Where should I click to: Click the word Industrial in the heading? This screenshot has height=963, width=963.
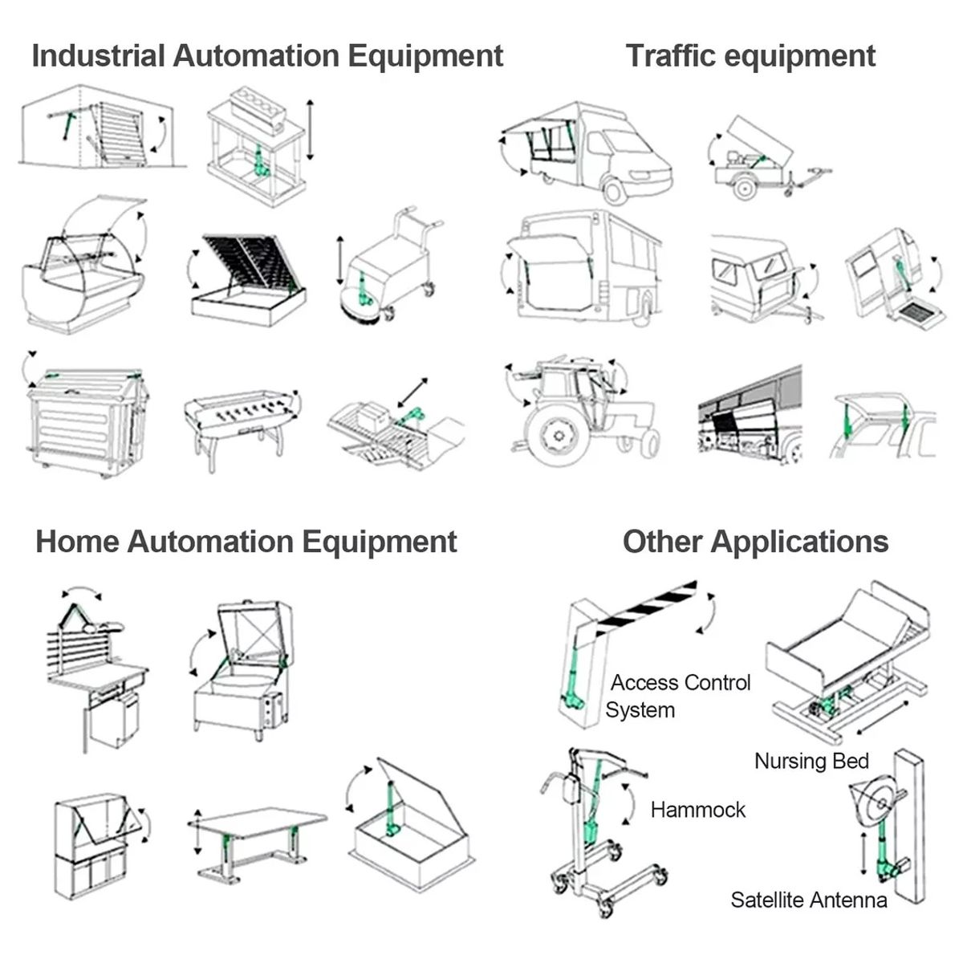pos(98,56)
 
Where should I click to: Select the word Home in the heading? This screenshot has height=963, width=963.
pos(77,542)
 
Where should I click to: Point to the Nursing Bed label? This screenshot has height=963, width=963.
pos(811,761)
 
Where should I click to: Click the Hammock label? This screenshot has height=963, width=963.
pos(698,810)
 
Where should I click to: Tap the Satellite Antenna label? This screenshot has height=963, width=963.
pos(808,900)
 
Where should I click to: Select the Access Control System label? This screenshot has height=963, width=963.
pos(678,696)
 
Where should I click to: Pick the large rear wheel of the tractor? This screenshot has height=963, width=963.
pos(554,434)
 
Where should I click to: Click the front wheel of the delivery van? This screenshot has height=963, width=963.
pos(614,190)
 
